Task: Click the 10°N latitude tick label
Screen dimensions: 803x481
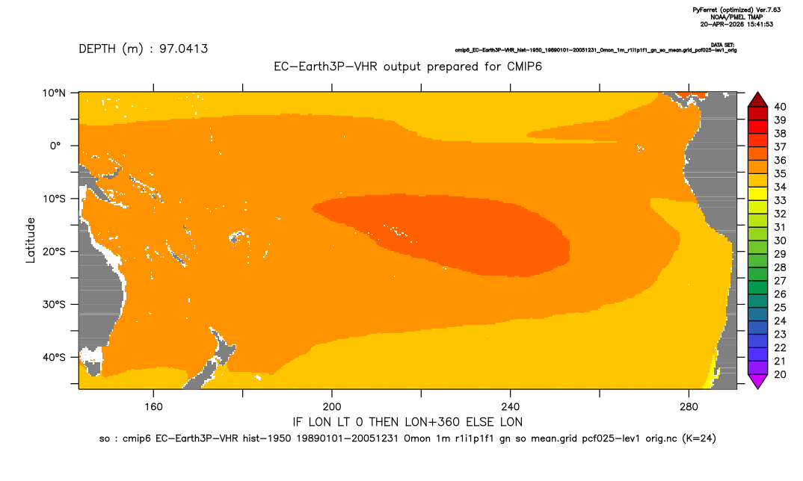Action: (x=54, y=93)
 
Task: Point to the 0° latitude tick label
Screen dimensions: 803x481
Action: (x=56, y=146)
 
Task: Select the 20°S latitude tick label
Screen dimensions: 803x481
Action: (x=54, y=251)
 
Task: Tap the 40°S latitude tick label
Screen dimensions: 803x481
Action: (x=54, y=357)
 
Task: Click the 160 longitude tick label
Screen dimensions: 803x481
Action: (x=153, y=407)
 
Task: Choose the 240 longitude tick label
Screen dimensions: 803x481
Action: (x=510, y=407)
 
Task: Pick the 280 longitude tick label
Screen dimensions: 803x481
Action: (x=689, y=407)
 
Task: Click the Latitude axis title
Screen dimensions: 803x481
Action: (x=31, y=241)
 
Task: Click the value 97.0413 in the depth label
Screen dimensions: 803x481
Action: (x=183, y=49)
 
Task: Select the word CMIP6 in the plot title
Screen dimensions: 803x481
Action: (x=524, y=66)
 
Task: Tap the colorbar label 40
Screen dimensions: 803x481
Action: (x=780, y=107)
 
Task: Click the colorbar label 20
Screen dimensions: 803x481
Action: (x=780, y=374)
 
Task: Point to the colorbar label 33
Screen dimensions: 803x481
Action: (x=780, y=201)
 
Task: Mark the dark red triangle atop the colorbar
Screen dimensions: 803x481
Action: (x=757, y=99)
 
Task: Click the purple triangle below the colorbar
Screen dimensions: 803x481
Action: (x=757, y=382)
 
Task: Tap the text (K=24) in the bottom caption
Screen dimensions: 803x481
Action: (x=699, y=438)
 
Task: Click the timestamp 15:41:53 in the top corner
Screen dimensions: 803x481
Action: (x=758, y=24)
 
